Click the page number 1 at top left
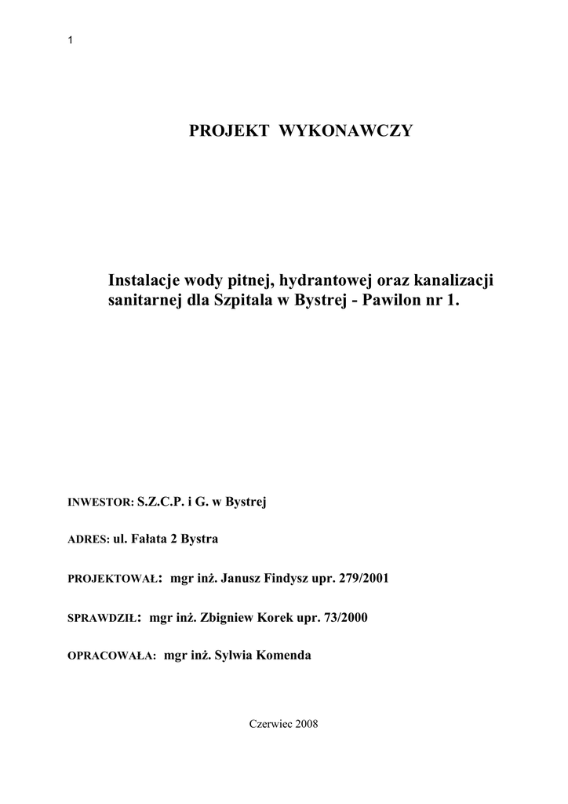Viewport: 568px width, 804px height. click(x=71, y=41)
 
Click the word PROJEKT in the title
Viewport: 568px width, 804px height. click(x=224, y=130)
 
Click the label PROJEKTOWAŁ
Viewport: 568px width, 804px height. click(x=115, y=579)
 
